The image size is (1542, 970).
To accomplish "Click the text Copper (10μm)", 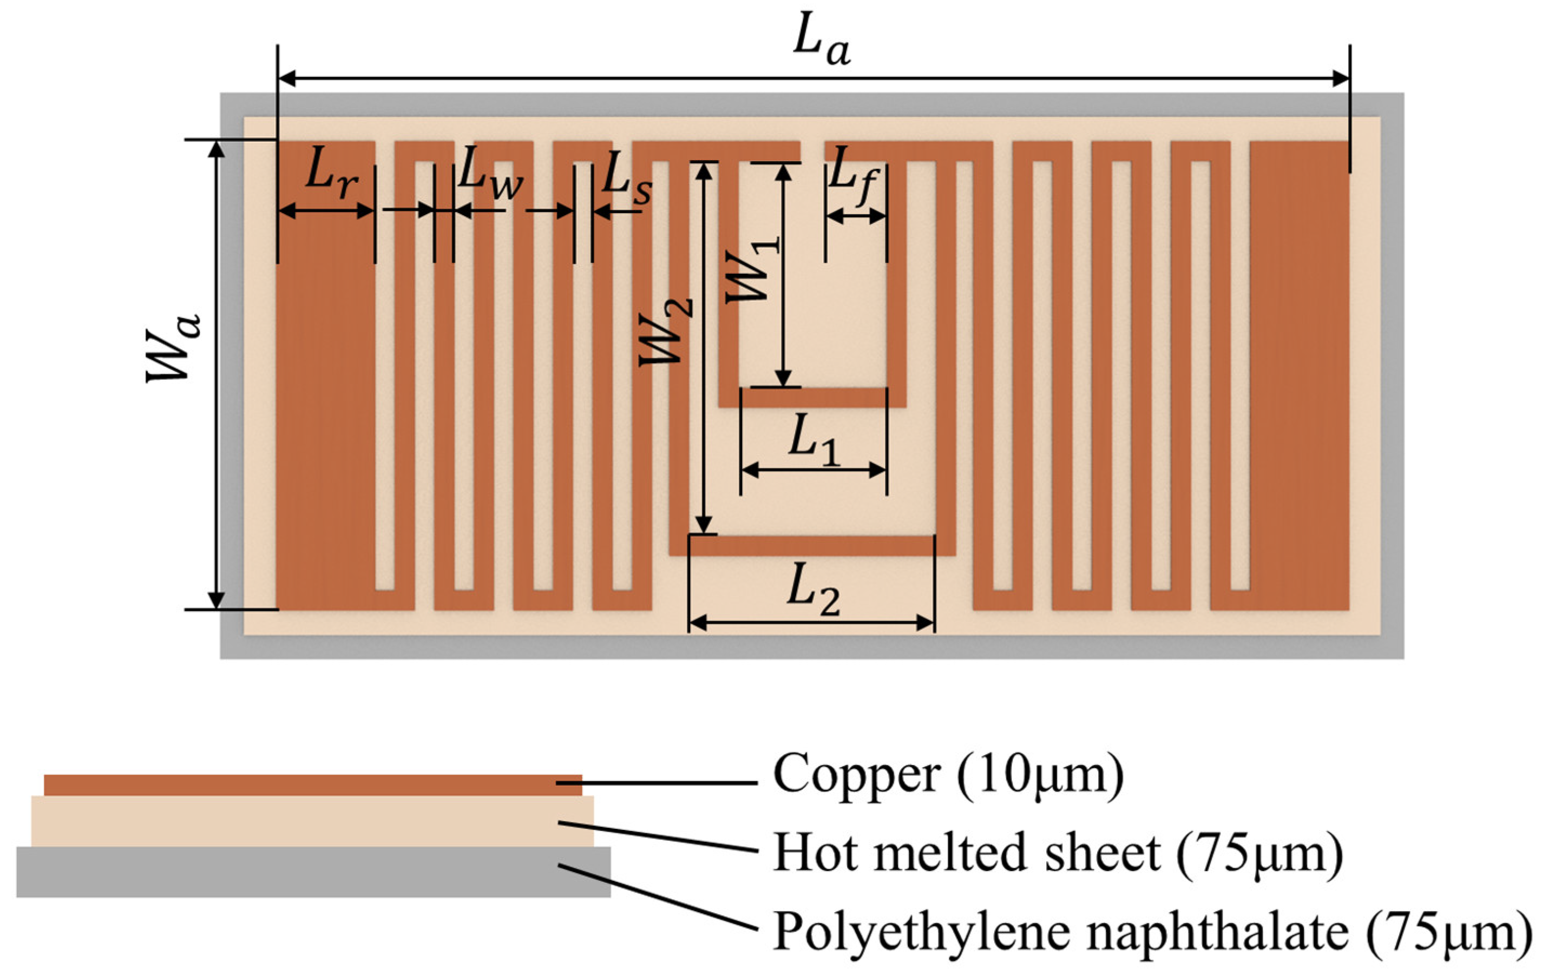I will (x=948, y=775).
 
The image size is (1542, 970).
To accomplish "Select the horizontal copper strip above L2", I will (x=812, y=545).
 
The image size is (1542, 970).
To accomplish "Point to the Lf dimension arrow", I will (x=856, y=217).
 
